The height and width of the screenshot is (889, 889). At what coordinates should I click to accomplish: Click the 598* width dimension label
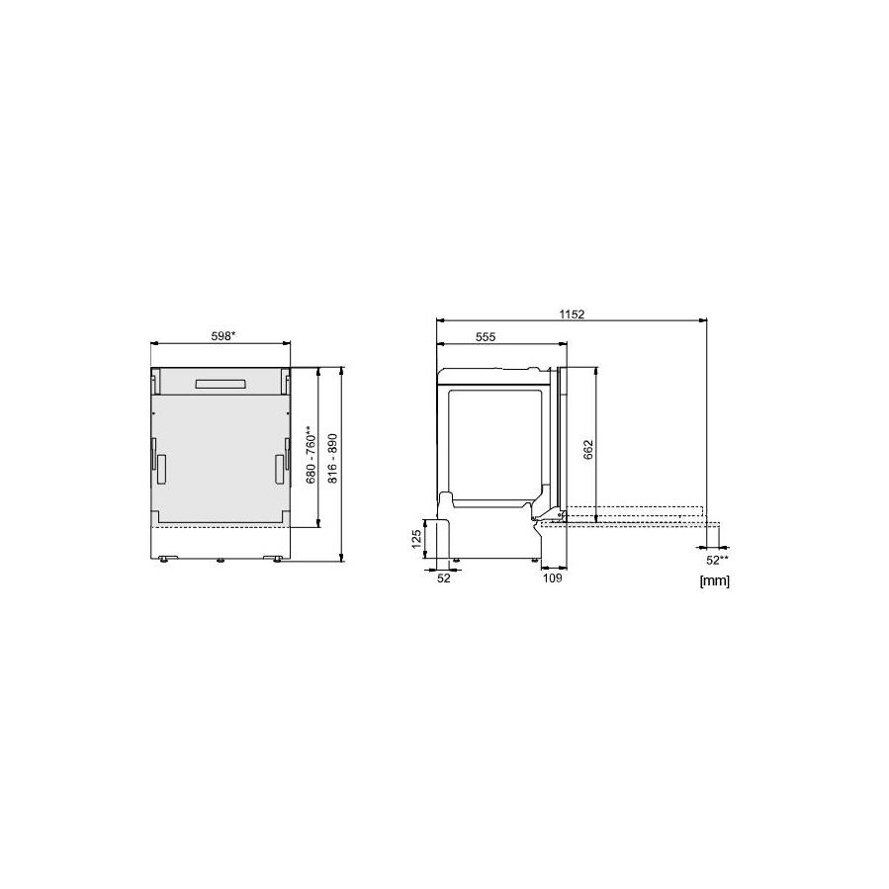(223, 336)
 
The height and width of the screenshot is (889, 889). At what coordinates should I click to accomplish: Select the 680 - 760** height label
(311, 455)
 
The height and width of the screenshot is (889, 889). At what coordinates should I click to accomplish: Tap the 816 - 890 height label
(333, 459)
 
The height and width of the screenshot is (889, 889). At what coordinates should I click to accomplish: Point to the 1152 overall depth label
(572, 314)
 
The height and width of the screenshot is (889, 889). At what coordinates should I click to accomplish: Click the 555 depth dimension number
(486, 337)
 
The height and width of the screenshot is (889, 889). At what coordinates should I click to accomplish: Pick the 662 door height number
(588, 450)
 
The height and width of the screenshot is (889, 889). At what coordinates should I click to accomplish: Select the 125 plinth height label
(416, 539)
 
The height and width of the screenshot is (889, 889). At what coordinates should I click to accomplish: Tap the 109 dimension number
(552, 578)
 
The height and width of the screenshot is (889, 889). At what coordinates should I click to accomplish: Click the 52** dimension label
(717, 560)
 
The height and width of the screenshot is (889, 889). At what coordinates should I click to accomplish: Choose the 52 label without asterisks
(444, 578)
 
